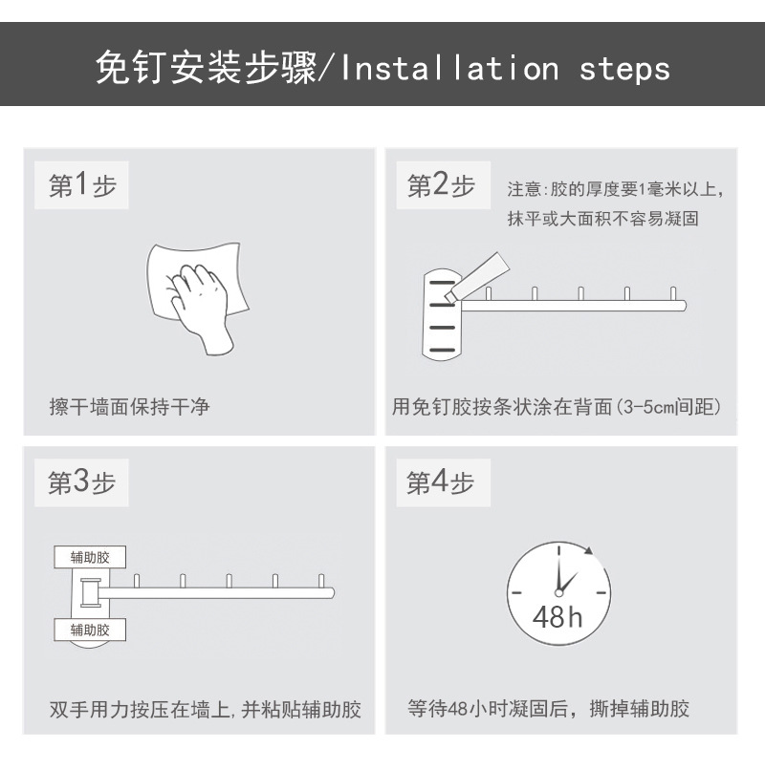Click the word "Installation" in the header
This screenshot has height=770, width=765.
[449, 68]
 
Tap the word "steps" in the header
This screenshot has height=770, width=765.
[624, 70]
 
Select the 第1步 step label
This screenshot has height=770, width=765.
[81, 185]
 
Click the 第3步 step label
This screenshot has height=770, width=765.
[81, 482]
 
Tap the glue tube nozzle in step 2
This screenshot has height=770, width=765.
[450, 296]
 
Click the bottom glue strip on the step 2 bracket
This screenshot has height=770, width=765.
[442, 351]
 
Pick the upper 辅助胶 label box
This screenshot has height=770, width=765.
[90, 557]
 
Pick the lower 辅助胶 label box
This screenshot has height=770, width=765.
[90, 631]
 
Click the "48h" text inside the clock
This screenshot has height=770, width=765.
[557, 617]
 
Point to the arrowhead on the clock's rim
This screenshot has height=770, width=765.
[589, 550]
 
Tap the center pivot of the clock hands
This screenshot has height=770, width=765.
[558, 592]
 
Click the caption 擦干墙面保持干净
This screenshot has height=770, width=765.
[129, 407]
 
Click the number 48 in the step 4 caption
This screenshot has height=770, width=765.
[458, 709]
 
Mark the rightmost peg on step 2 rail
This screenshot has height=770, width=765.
[673, 293]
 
